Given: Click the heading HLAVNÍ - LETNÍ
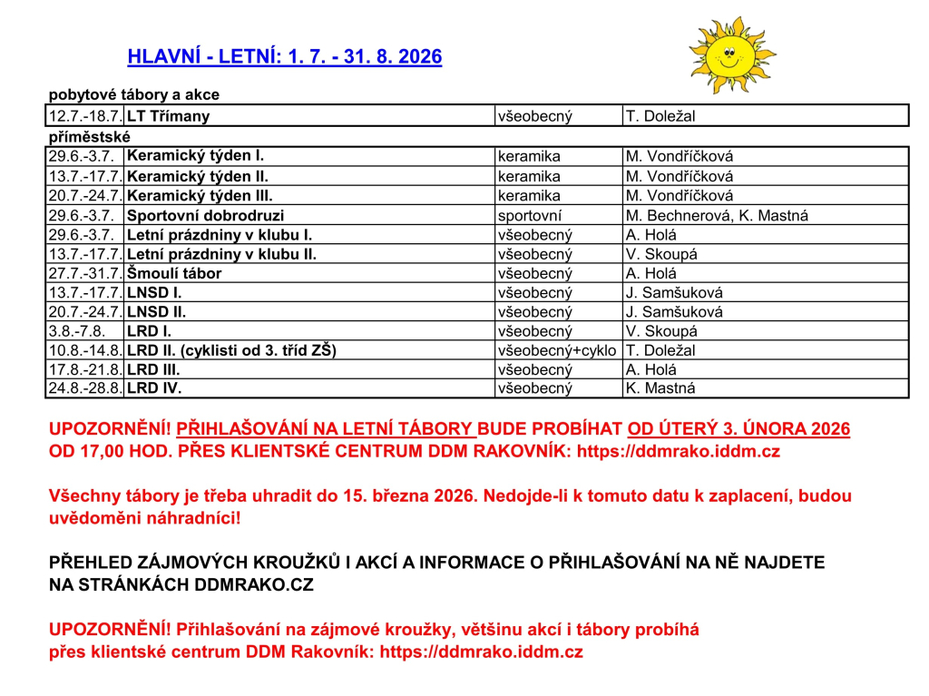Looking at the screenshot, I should (285, 57).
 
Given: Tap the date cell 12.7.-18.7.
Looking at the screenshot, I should (85, 116).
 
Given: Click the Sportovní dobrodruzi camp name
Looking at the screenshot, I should (205, 216).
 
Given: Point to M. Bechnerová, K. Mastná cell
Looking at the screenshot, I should (717, 216).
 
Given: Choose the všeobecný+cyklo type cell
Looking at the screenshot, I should (557, 350).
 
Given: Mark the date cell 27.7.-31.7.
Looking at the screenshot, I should (85, 273).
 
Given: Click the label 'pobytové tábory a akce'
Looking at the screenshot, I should (133, 94).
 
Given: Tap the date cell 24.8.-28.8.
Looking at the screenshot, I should (85, 388).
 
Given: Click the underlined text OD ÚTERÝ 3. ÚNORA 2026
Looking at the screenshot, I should (738, 429).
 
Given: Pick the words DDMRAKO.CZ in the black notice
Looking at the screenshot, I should (254, 585).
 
